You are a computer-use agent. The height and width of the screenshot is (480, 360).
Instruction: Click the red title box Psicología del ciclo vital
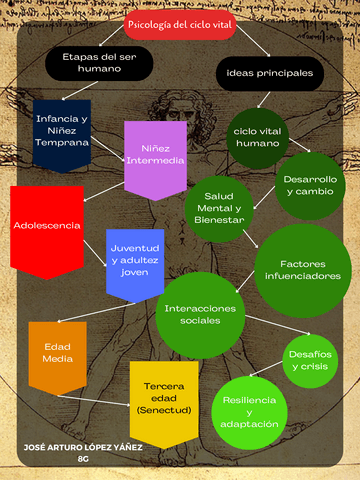180,23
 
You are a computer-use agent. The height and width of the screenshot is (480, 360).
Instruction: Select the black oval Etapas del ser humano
100,64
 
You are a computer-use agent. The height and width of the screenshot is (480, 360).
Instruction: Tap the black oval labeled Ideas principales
270,73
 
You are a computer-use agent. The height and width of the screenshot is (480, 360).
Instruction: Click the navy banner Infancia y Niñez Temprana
62,128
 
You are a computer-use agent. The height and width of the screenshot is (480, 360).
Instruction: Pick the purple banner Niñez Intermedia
155,155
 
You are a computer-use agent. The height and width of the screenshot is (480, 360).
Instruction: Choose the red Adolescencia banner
47,226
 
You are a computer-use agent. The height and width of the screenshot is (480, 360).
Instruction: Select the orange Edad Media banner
57,352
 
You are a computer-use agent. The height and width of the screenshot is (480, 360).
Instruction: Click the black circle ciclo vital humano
258,137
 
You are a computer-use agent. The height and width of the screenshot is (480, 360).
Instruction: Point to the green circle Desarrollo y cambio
311,185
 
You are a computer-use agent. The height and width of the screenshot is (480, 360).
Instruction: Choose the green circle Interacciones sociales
200,315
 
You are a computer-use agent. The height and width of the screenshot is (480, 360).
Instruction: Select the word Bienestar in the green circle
219,222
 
